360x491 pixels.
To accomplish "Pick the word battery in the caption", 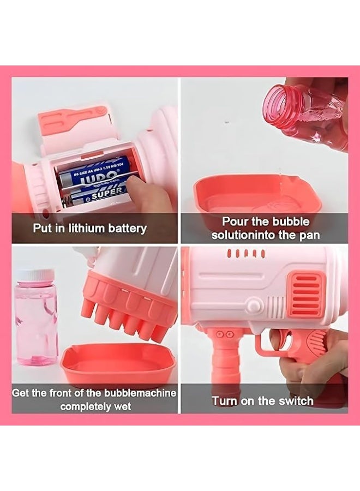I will pos(128,228).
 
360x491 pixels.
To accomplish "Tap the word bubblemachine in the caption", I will pos(140,393).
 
